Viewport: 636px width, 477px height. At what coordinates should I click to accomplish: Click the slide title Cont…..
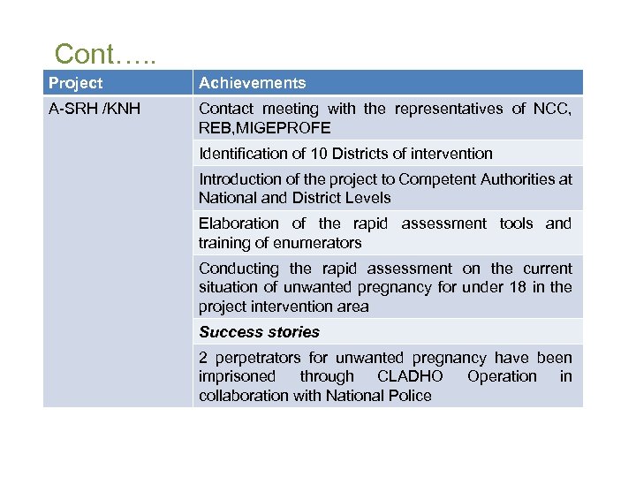point(105,54)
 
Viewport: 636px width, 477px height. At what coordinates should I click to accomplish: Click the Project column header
point(75,83)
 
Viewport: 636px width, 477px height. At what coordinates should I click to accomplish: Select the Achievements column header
point(252,83)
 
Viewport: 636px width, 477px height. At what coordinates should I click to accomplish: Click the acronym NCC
point(551,109)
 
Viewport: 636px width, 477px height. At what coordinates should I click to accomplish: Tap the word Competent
point(428,179)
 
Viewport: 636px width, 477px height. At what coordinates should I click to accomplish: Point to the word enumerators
point(321,243)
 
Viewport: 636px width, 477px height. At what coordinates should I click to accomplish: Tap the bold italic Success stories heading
point(259,332)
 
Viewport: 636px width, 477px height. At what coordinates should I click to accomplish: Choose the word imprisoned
point(238,376)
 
